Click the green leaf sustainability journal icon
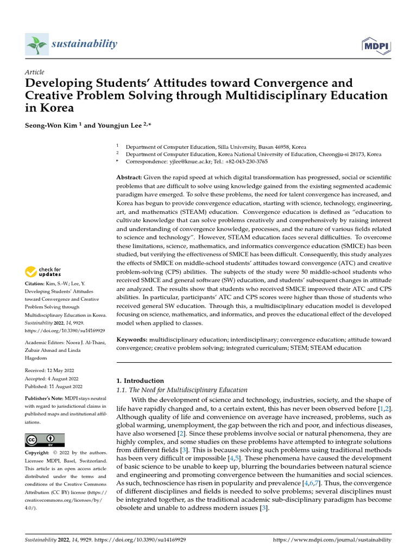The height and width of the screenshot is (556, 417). pos(37,43)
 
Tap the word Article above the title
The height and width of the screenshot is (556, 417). pos(35,72)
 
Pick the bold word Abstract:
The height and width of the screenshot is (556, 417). pos(130,178)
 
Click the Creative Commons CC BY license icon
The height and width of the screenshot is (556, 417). pos(45,439)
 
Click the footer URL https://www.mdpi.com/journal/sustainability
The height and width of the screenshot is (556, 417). pos(332,540)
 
